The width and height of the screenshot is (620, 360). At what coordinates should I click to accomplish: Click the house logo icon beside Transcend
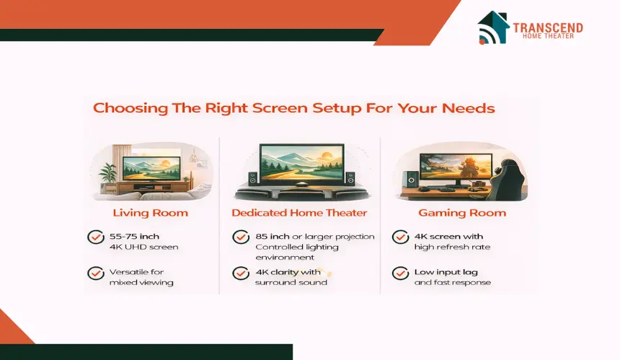point(493,27)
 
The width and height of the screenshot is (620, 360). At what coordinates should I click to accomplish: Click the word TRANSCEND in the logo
point(548,27)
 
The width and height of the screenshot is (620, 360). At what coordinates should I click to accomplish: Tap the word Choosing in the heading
point(130,108)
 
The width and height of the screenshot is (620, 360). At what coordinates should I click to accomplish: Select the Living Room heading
point(150,213)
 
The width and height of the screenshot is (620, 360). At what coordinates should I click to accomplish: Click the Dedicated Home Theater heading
point(299,213)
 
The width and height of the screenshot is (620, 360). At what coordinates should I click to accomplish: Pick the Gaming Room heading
point(462,213)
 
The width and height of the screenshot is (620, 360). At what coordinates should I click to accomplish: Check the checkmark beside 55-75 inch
point(96,237)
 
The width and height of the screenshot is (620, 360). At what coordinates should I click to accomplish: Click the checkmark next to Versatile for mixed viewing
point(96,273)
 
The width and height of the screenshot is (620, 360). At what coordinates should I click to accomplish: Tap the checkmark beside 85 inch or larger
point(241,237)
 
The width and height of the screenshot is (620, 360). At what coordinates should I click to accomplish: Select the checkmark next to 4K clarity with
point(241,273)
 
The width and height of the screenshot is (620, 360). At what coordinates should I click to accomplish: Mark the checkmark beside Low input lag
point(400,273)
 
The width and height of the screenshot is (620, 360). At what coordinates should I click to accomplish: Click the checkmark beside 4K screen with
point(400,237)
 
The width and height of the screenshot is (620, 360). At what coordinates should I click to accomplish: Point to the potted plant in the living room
point(107,175)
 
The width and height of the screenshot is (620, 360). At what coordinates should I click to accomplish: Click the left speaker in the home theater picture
point(252,178)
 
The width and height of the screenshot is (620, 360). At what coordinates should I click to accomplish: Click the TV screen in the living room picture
point(151,169)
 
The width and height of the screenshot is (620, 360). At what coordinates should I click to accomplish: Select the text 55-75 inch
point(134,237)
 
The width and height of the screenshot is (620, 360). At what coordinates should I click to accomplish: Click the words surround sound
point(291,283)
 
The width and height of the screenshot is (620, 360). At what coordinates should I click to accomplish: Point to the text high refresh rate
point(452,247)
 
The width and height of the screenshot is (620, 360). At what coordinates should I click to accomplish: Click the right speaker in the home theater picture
point(350,178)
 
